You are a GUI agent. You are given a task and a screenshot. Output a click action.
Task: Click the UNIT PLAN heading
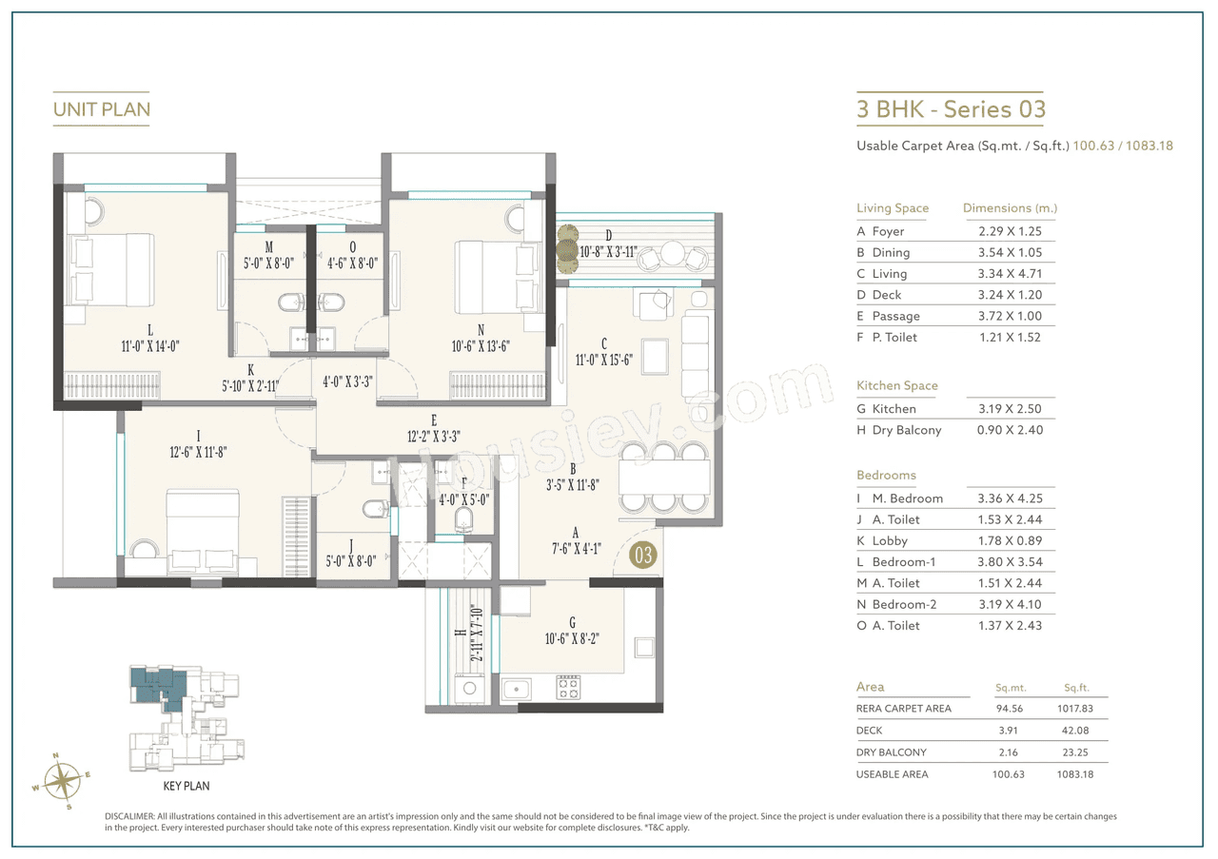point(102,109)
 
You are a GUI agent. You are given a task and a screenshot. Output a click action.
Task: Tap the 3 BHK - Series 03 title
point(951,109)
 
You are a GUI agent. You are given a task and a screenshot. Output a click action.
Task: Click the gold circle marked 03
point(643,555)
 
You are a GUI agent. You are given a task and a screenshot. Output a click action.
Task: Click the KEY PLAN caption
point(187,786)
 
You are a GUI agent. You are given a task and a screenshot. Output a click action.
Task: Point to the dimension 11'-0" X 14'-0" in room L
point(150,346)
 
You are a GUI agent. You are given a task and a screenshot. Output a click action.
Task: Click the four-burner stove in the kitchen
point(568,686)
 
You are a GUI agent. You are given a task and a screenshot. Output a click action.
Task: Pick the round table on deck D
point(673,254)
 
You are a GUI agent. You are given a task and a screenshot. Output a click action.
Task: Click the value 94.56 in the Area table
point(1008,709)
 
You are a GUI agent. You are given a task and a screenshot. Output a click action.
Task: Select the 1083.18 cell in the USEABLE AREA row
point(1075,774)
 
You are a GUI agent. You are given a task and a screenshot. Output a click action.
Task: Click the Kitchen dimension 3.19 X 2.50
point(1010,409)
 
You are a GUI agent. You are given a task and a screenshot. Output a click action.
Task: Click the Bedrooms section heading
point(886,475)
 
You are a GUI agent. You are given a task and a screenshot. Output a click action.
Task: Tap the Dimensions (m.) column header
point(1010,207)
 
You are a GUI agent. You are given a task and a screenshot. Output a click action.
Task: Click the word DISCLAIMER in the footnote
point(128,816)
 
